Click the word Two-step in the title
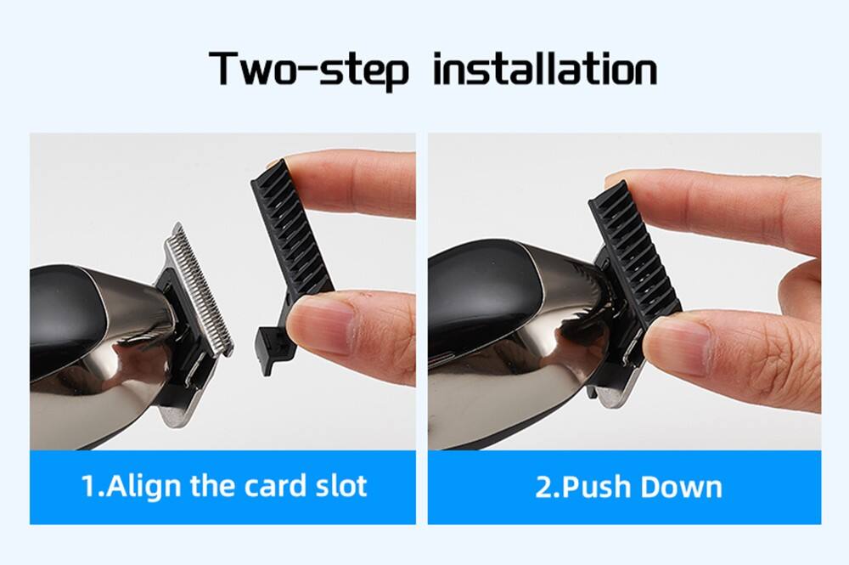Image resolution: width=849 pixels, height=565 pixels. [x=308, y=70]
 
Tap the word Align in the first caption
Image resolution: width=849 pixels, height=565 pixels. [x=143, y=486]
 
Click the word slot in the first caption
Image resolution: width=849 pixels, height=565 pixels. [x=341, y=486]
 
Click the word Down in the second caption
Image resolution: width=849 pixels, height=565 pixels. [x=681, y=487]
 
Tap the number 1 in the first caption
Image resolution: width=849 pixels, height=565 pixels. [x=88, y=486]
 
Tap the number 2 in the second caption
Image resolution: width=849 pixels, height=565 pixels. [x=543, y=487]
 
